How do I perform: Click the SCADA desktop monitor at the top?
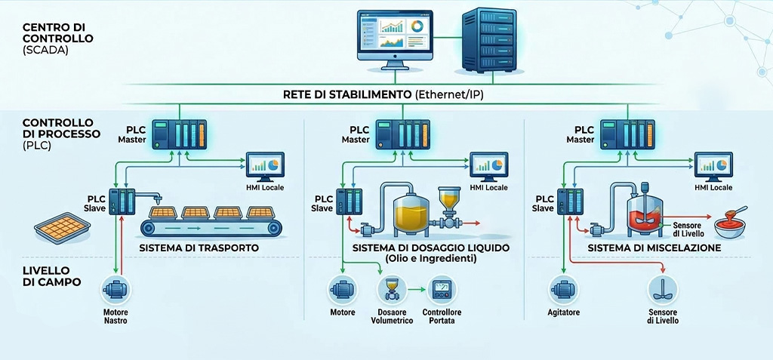pyautogui.click(x=395, y=39)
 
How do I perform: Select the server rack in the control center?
pyautogui.click(x=489, y=41)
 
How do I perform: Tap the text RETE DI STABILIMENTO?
pyautogui.click(x=346, y=94)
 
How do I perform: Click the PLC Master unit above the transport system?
pyautogui.click(x=180, y=134)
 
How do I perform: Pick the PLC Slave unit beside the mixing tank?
pyautogui.click(x=570, y=202)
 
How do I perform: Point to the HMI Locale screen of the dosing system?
pyautogui.click(x=489, y=167)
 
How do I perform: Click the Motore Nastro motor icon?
pyautogui.click(x=115, y=290)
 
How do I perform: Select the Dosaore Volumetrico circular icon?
pyautogui.click(x=392, y=290)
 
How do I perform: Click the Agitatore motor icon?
pyautogui.click(x=563, y=290)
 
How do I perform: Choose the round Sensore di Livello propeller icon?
pyautogui.click(x=662, y=290)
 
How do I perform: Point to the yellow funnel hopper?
pyautogui.click(x=449, y=198)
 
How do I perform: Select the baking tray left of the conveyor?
pyautogui.click(x=62, y=228)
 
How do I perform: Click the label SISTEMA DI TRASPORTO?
pyautogui.click(x=199, y=248)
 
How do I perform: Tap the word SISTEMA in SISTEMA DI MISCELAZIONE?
pyautogui.click(x=608, y=248)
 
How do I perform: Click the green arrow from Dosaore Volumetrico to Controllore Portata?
pyautogui.click(x=417, y=290)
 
